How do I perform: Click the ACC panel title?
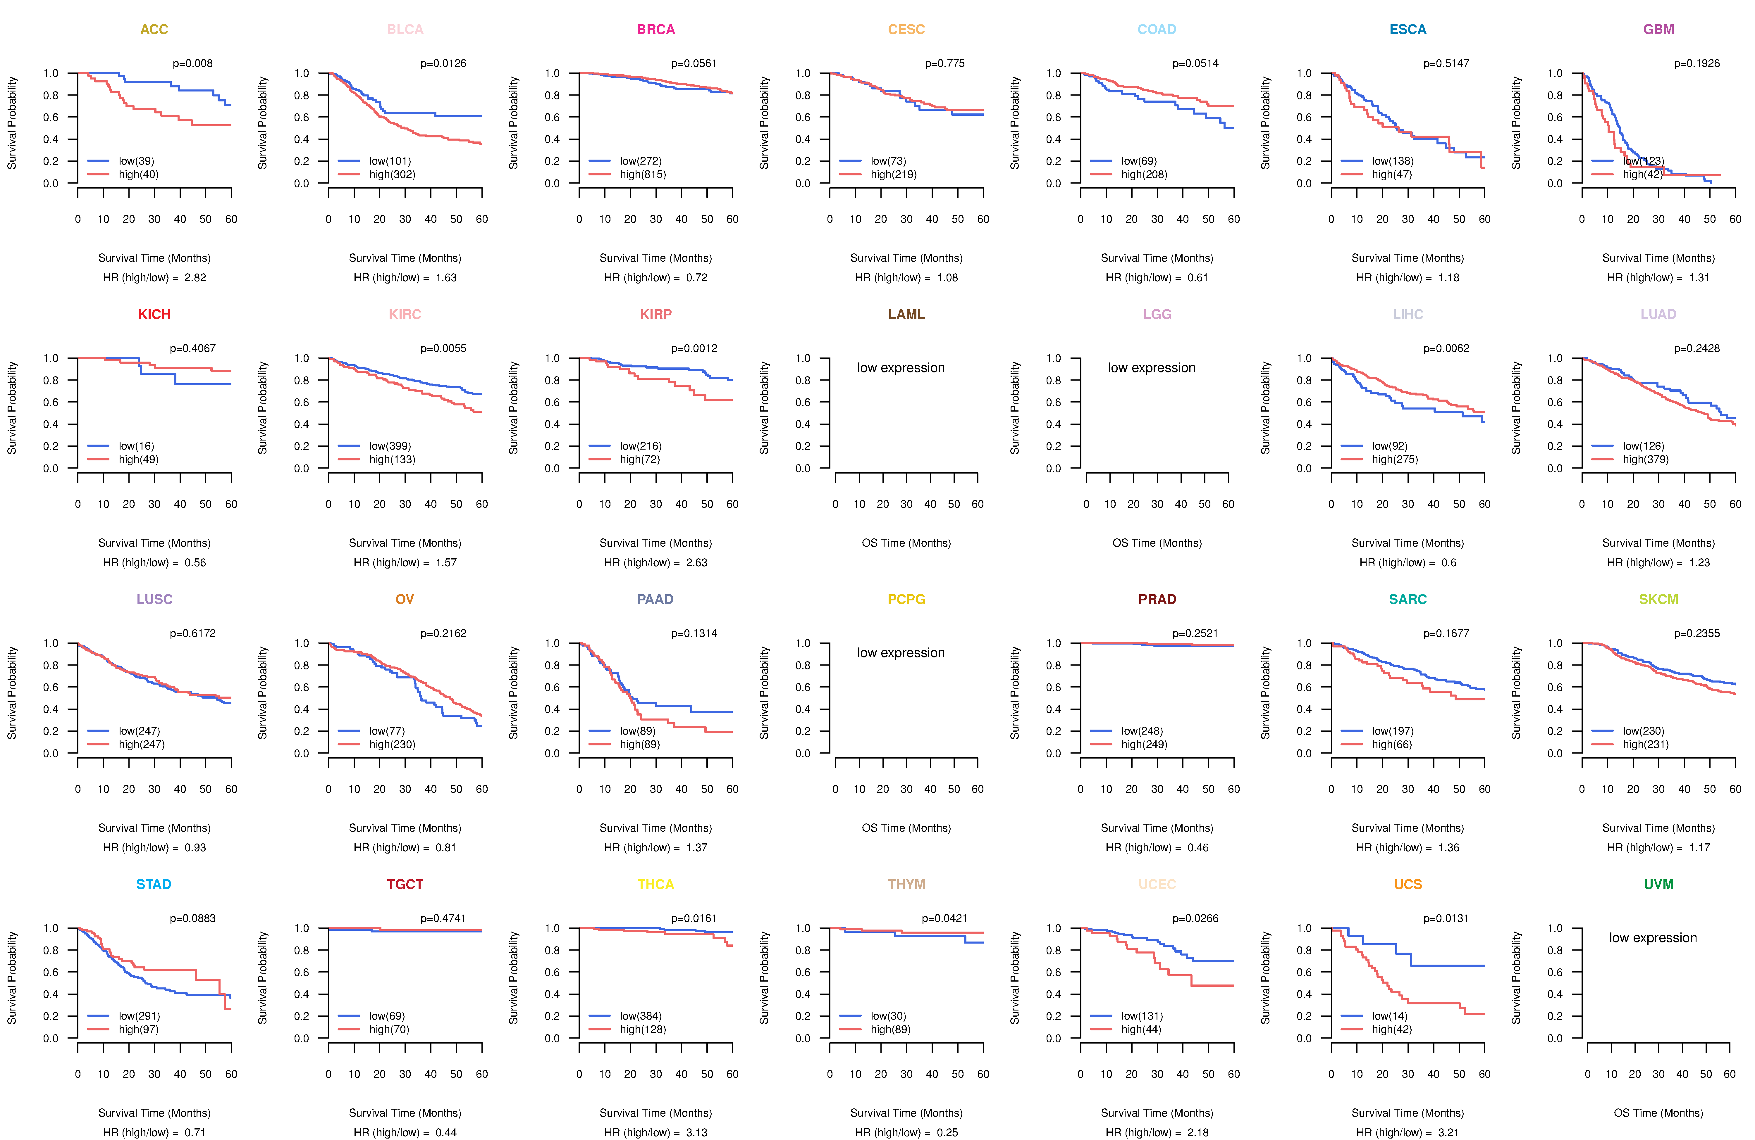pyautogui.click(x=154, y=30)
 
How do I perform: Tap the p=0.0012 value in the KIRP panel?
pyautogui.click(x=694, y=348)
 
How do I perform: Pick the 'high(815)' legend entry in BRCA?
pyautogui.click(x=643, y=175)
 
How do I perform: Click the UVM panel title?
pyautogui.click(x=1658, y=884)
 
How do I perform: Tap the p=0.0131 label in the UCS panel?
pyautogui.click(x=1446, y=918)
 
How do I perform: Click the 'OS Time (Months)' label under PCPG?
pyautogui.click(x=906, y=828)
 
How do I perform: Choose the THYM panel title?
pyautogui.click(x=906, y=884)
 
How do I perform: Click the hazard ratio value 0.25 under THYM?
pyautogui.click(x=947, y=1133)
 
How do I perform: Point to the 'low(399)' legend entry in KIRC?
pyautogui.click(x=390, y=446)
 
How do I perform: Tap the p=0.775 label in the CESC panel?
pyautogui.click(x=944, y=63)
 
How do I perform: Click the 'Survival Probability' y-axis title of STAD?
pyautogui.click(x=12, y=978)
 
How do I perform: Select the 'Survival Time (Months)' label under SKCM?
pyautogui.click(x=1658, y=828)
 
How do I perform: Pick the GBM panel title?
pyautogui.click(x=1658, y=30)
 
